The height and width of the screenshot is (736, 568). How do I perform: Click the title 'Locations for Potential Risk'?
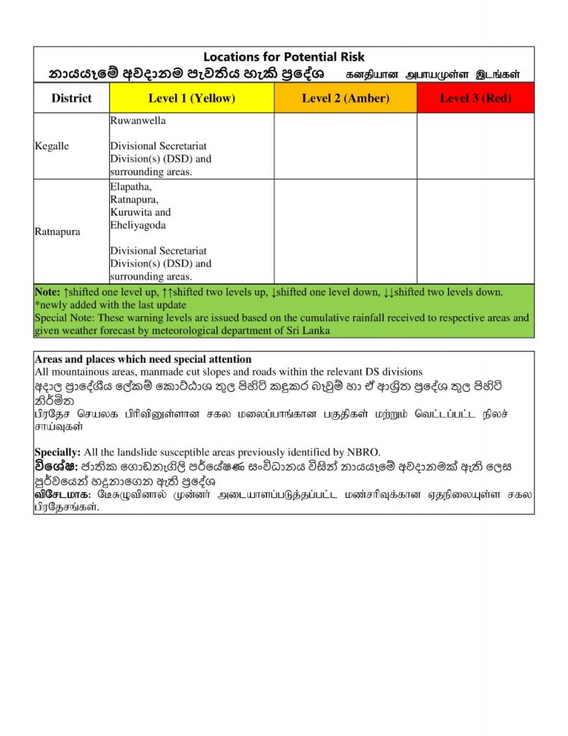point(284,57)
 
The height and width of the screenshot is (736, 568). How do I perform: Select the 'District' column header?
point(71,98)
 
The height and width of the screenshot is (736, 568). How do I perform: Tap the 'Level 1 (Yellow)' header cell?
point(192,98)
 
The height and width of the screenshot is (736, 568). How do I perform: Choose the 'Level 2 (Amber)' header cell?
point(345,98)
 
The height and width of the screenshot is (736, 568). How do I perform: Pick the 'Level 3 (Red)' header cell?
point(475,98)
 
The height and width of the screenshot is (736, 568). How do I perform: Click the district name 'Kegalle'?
point(52,146)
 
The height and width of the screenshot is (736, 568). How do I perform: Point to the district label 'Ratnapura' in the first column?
point(57,232)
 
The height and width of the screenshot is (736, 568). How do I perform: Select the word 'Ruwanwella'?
point(138,121)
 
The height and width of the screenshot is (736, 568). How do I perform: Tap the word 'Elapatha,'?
point(131,186)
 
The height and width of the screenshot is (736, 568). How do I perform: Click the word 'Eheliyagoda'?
point(138,225)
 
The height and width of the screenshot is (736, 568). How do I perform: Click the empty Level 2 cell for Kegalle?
point(345,146)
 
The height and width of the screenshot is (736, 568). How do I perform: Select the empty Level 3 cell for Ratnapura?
point(475,231)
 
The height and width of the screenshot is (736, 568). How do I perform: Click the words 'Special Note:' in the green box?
point(65,318)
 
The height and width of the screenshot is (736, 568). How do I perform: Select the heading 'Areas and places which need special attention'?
point(143,359)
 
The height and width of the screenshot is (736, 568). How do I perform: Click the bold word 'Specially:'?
point(58,452)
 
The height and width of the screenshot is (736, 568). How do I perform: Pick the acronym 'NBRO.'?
point(365,452)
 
